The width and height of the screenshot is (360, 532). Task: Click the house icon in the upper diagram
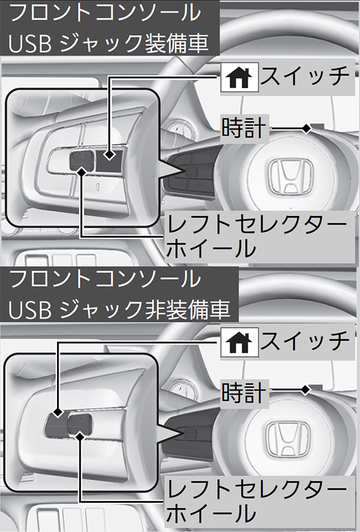pyautogui.click(x=239, y=77)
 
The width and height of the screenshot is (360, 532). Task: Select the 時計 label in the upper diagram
pyautogui.click(x=244, y=128)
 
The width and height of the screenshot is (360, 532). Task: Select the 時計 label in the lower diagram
pyautogui.click(x=244, y=393)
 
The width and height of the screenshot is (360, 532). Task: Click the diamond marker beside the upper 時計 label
pyautogui.click(x=306, y=128)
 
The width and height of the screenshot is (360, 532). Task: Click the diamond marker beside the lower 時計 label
pyautogui.click(x=306, y=390)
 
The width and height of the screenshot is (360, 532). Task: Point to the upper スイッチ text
pyautogui.click(x=304, y=77)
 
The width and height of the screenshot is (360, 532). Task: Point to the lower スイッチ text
pyautogui.click(x=304, y=341)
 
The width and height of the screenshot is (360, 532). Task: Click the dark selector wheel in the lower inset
pyautogui.click(x=79, y=424)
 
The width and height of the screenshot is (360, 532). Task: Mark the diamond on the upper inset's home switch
pyautogui.click(x=109, y=154)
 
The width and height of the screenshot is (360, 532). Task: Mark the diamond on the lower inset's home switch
pyautogui.click(x=58, y=413)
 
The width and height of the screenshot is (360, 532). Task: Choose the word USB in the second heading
pyautogui.click(x=30, y=309)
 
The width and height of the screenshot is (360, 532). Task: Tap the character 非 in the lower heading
pyautogui.click(x=155, y=309)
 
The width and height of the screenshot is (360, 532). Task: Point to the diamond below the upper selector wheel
pyautogui.click(x=81, y=172)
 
